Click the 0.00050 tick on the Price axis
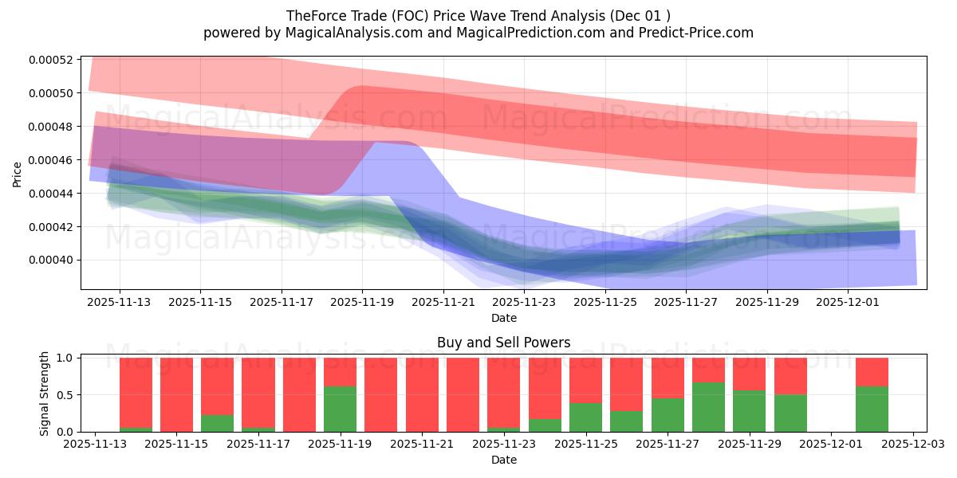coord(51,93)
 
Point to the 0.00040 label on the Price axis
coord(51,261)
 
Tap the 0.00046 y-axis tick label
coord(51,160)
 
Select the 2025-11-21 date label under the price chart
coord(443,303)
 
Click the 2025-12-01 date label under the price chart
coord(849,303)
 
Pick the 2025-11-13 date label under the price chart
coord(120,303)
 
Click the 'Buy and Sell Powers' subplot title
coord(503,343)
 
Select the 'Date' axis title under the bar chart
coord(503,460)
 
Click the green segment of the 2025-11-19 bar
coord(341,409)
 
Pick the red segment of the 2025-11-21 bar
coord(422,394)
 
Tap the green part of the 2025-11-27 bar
coord(668,415)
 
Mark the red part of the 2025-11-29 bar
coord(749,374)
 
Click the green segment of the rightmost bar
coord(872,409)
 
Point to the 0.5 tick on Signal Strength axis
coord(66,395)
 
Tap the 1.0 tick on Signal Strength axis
coord(66,358)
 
